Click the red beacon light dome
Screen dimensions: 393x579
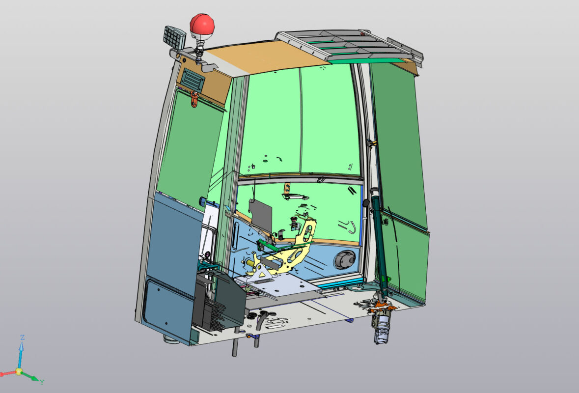click(x=202, y=24)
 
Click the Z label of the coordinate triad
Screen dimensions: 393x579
click(x=22, y=337)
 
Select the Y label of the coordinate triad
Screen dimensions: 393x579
click(x=42, y=382)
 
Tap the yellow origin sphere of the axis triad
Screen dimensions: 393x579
click(x=19, y=371)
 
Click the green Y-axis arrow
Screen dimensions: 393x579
click(x=31, y=376)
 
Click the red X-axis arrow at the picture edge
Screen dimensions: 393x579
click(x=6, y=374)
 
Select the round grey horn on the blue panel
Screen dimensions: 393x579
click(x=345, y=259)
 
